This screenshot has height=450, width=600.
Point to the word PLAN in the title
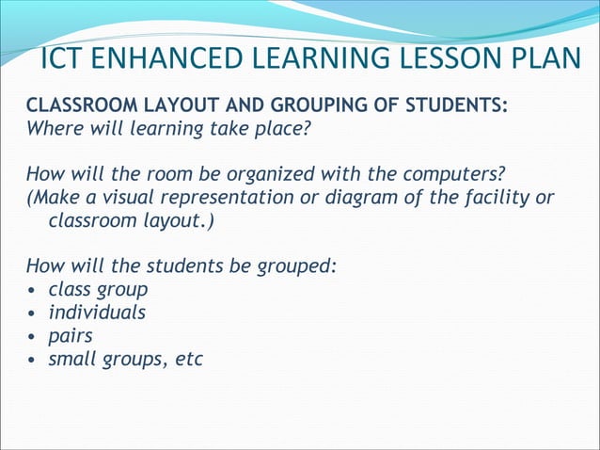point(546,57)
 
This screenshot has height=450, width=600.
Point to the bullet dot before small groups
point(34,360)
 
